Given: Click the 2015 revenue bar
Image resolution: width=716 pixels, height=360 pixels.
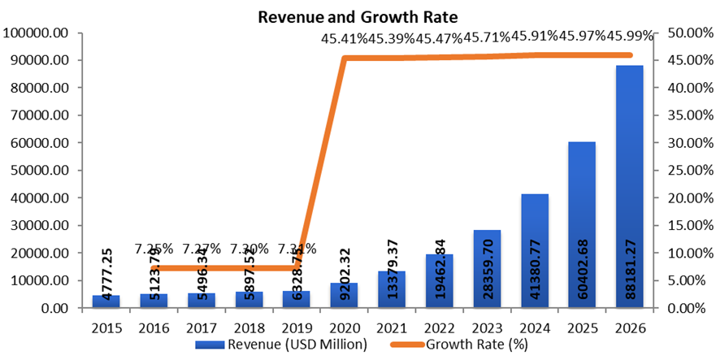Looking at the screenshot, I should click(106, 301).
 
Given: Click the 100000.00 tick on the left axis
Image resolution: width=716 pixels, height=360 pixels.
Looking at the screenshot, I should click(46, 33).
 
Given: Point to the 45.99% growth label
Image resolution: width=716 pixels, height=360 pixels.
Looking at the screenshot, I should click(630, 37).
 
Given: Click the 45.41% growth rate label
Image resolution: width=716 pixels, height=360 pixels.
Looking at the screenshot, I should click(345, 37).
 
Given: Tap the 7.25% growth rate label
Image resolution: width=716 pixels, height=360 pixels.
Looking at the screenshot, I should click(154, 248).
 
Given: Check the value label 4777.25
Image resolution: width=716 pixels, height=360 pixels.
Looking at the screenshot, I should click(106, 268).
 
